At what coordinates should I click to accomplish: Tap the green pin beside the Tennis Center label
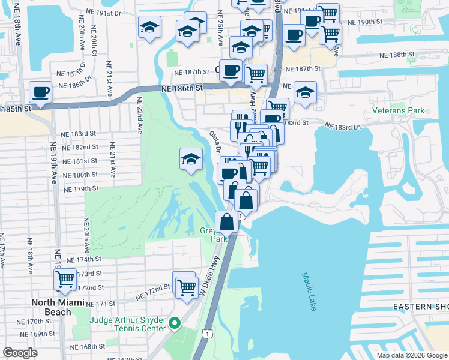point(175,324)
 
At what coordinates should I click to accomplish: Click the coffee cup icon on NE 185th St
point(41,93)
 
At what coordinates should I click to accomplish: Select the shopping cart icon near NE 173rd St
point(65,279)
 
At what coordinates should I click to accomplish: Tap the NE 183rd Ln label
point(344,127)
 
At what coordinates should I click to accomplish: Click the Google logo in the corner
point(20,353)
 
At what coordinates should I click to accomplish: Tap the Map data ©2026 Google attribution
point(412,355)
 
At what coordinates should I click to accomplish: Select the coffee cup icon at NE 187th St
point(231,71)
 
